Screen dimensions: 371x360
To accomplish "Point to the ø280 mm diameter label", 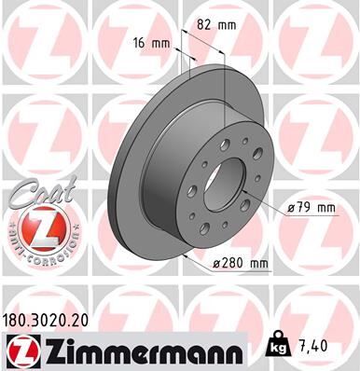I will (x=242, y=265).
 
